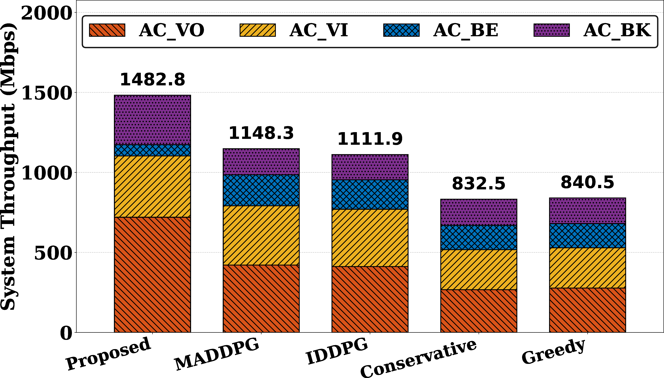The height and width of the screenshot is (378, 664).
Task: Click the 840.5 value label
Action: point(587,182)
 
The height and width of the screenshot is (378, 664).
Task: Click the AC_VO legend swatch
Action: point(107,30)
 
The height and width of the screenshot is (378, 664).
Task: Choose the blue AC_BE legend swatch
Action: point(401,30)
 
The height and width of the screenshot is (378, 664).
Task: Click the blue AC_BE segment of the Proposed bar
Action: point(152,150)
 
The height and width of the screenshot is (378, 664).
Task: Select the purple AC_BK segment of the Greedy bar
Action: point(587,211)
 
